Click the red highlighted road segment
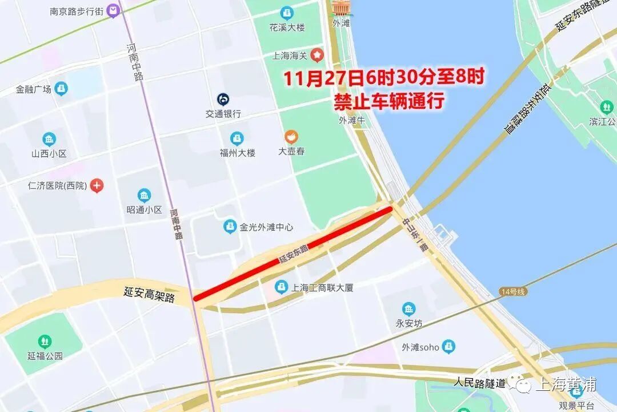[293, 253]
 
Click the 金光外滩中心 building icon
[230, 227]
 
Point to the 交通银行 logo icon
[223, 100]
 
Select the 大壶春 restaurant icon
[291, 137]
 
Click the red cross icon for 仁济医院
[97, 185]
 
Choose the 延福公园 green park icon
[45, 342]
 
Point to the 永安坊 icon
[408, 310]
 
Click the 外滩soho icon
[449, 346]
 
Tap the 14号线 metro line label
[511, 291]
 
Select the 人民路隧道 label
[480, 382]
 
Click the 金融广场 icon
[61, 89]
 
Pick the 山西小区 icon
[49, 140]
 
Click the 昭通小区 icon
[144, 196]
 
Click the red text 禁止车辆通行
[389, 101]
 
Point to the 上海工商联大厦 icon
[281, 287]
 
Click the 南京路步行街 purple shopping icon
[114, 10]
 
